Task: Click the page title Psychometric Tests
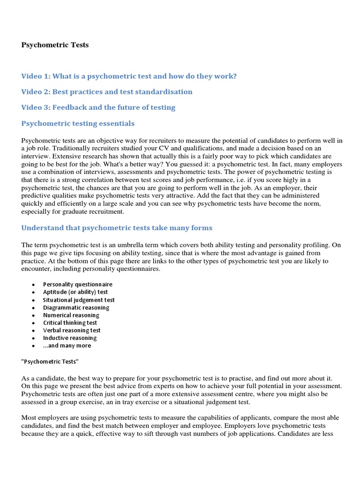coord(55,45)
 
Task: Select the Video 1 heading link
coord(129,76)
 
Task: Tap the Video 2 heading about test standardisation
coord(107,91)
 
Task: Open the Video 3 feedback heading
coord(98,107)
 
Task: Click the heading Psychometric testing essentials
coord(78,123)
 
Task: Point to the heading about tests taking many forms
coord(117,228)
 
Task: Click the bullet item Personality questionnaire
coord(77,285)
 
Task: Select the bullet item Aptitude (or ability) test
coord(75,292)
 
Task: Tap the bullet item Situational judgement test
coord(79,300)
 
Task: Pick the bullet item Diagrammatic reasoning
coord(76,307)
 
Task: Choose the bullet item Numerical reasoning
coord(71,315)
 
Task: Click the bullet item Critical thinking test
coord(70,322)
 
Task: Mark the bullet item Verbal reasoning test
coord(72,330)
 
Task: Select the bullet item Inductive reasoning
coord(69,338)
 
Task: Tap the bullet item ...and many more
coord(67,345)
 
